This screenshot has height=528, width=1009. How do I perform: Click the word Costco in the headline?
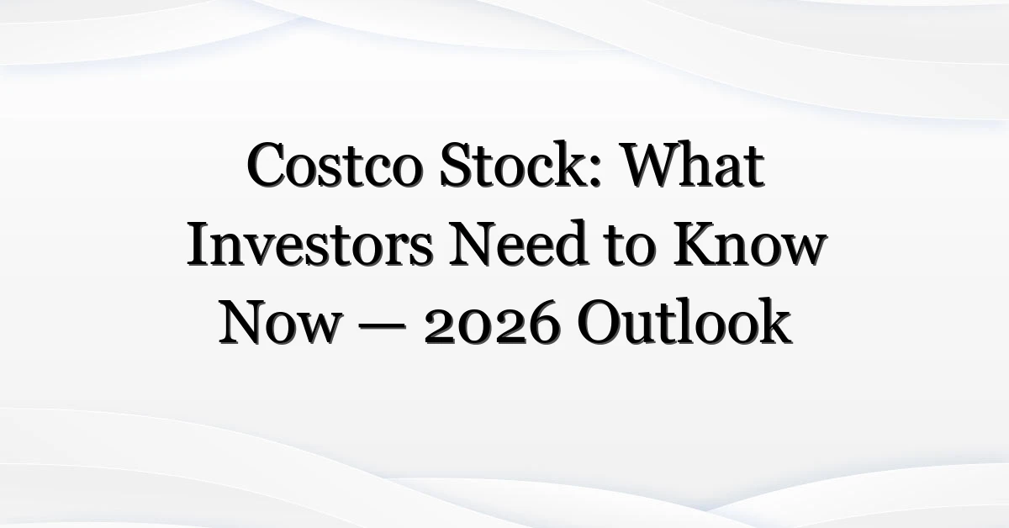[x=335, y=165]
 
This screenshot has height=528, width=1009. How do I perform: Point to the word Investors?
[x=310, y=243]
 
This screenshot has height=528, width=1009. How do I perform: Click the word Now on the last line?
[x=279, y=322]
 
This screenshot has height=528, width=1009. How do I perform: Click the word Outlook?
[x=684, y=321]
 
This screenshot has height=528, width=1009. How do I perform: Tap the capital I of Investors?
[x=200, y=243]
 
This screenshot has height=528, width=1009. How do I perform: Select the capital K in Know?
[x=696, y=243]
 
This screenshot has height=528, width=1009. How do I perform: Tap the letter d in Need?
[x=571, y=243]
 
